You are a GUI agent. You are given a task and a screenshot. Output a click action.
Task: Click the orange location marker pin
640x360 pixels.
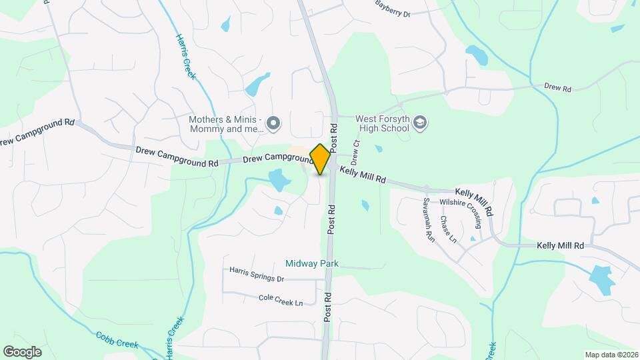coord(320,159)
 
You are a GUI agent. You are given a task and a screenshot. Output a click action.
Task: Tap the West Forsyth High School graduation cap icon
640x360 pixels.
coord(420,122)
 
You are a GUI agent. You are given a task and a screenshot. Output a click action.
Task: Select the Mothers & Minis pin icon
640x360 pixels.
coord(273,123)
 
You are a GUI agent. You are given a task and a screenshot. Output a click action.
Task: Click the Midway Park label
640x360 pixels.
coord(312,263)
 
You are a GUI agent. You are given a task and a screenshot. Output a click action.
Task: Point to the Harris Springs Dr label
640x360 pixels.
coord(257,274)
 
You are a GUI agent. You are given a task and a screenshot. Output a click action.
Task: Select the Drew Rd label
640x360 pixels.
coord(558,88)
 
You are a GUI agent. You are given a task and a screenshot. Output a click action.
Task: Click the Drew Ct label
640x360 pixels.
coord(356,153)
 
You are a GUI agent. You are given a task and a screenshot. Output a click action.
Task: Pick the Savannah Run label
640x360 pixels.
coord(429,219)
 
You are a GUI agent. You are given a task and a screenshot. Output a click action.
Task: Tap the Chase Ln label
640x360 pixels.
coord(448,229)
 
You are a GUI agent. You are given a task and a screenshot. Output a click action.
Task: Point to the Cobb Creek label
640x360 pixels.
coord(117,340)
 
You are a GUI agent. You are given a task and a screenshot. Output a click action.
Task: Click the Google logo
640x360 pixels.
coord(22,351)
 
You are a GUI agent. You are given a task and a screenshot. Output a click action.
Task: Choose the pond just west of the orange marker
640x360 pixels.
coord(279,180)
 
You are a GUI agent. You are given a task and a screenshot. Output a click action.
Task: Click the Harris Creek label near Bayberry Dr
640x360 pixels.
coord(186,57)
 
